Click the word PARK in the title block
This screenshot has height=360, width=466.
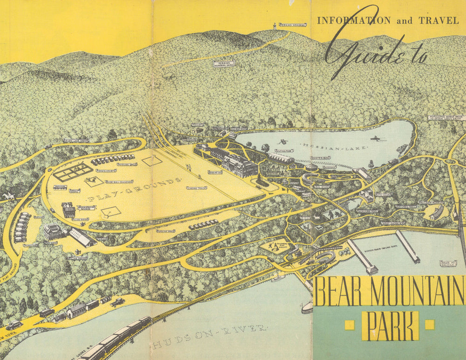pos(391,325)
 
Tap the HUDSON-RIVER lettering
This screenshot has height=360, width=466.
pos(210,337)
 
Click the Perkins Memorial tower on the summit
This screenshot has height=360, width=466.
pos(275,27)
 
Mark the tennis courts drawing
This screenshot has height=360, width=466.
pos(72,172)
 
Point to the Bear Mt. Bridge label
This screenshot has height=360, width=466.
pos(448,263)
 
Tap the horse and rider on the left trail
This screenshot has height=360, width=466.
pos(7,197)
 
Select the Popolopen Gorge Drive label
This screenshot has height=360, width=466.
pos(446,118)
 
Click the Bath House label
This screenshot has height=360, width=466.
pos(384,194)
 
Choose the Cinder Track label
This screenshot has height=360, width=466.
pos(196,188)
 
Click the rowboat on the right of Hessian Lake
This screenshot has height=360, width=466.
pos(374,138)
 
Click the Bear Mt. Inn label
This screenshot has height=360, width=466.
pos(215,172)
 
